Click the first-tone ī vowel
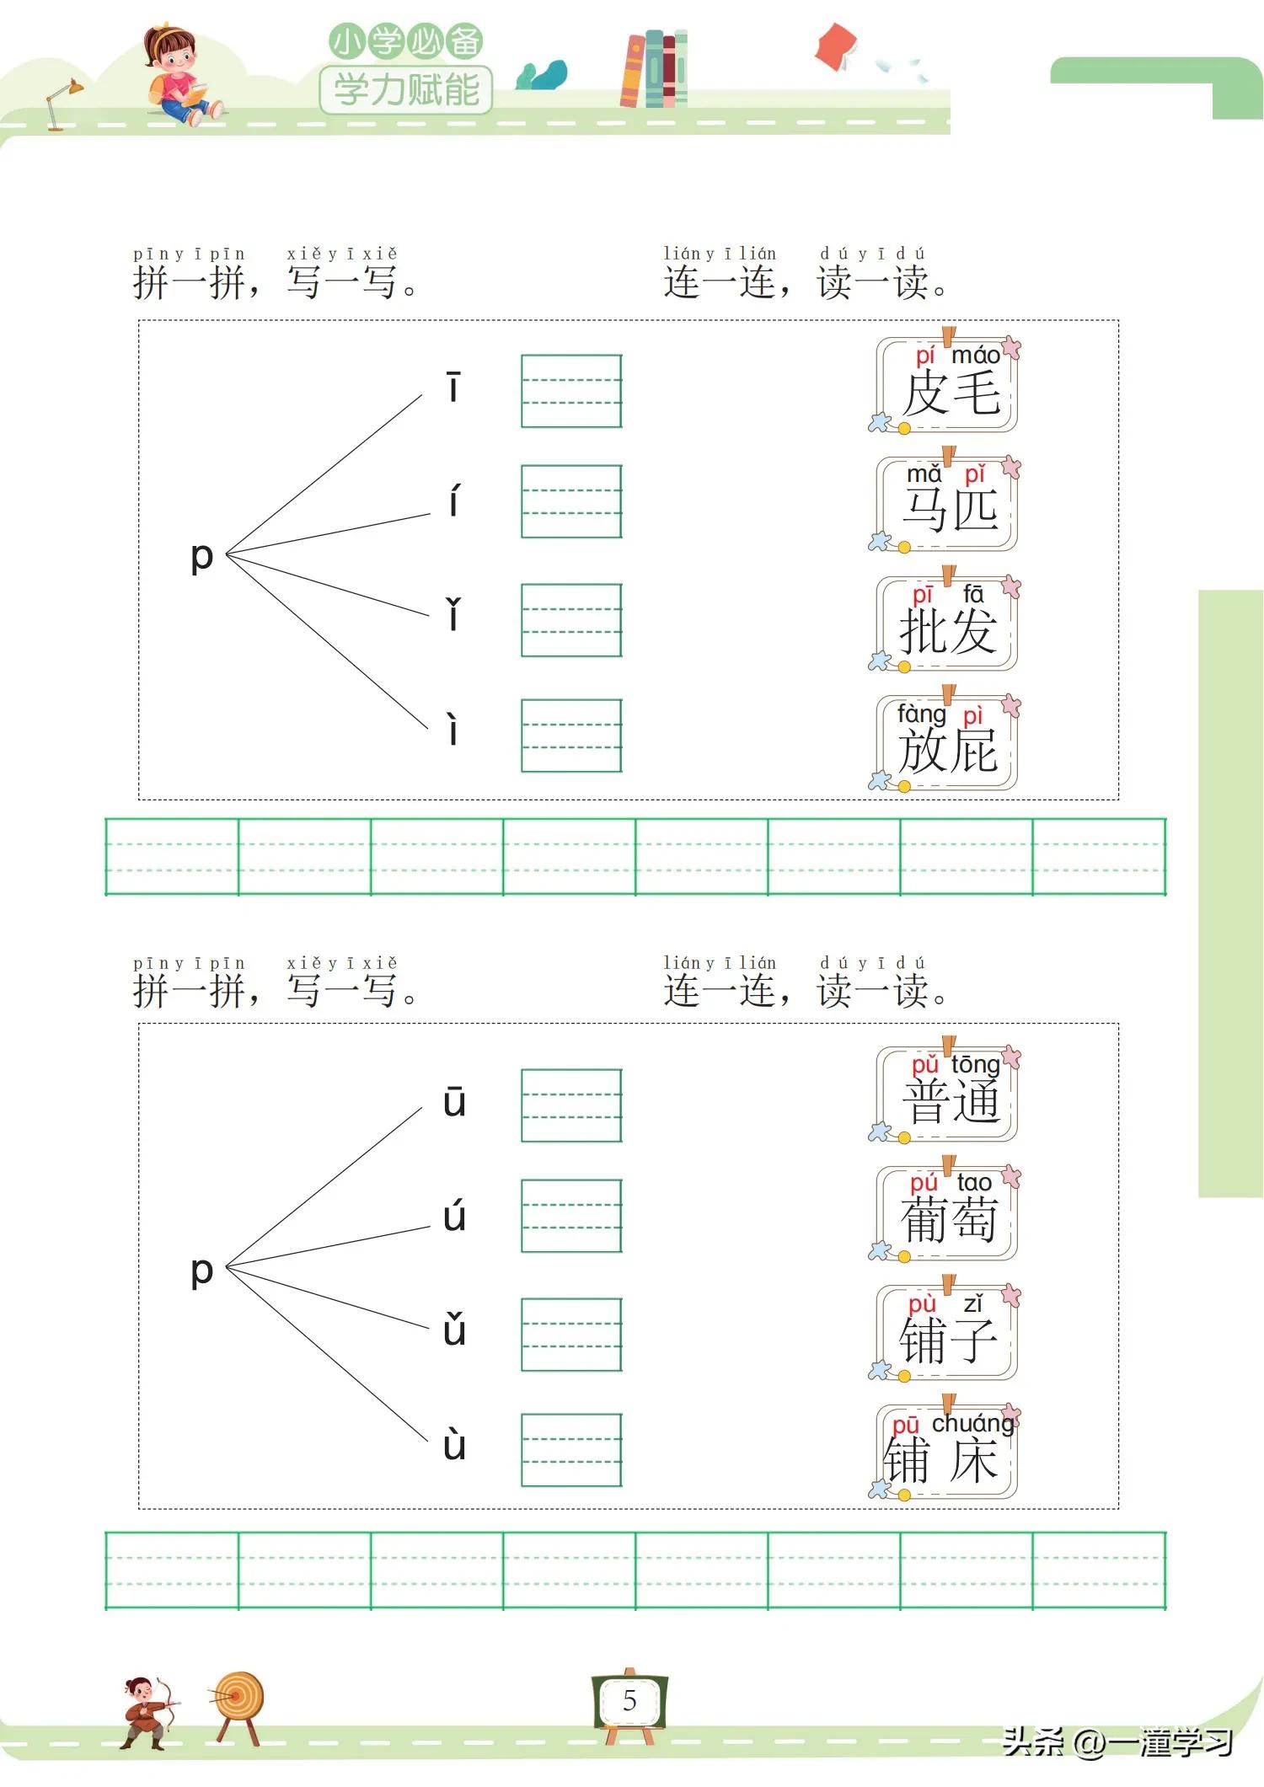click(x=453, y=388)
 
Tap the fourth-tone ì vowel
click(x=453, y=730)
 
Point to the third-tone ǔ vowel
click(x=454, y=1330)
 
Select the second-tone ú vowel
click(x=454, y=1216)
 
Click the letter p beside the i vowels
click(x=201, y=557)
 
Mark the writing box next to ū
click(x=571, y=1105)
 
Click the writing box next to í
click(x=571, y=501)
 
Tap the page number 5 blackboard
click(x=629, y=1701)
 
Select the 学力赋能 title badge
click(x=406, y=89)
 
